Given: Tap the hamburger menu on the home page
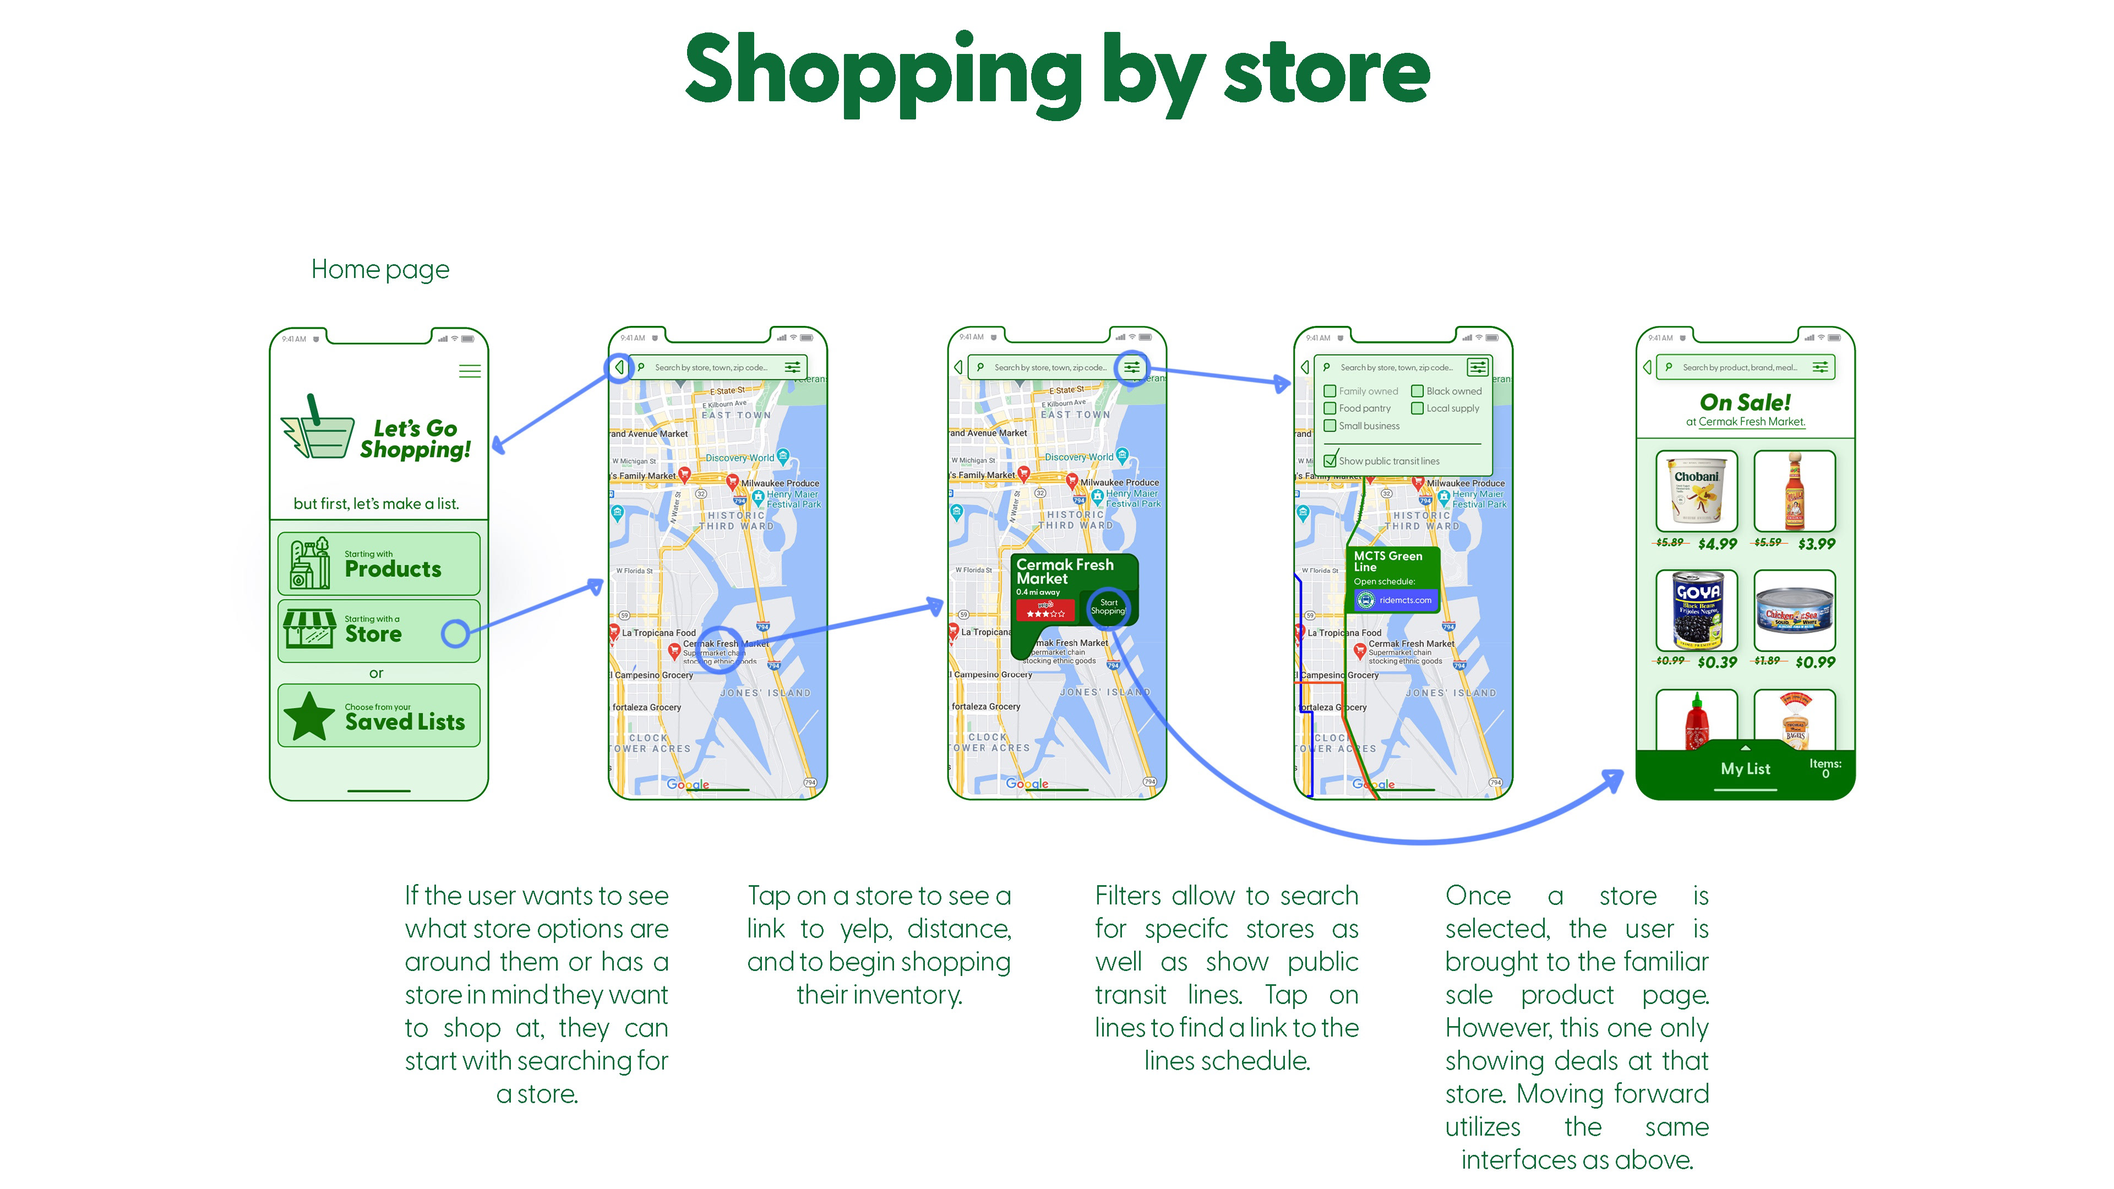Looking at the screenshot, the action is pos(470,371).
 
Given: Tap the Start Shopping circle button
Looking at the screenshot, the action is pos(1108,607).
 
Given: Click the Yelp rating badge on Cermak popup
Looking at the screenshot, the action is pos(1045,610).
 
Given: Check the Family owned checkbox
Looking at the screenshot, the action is pos(1330,391).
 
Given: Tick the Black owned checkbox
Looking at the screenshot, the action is pos(1417,391).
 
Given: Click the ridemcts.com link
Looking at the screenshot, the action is pos(1403,600).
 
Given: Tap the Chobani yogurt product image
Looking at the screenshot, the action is pos(1696,490).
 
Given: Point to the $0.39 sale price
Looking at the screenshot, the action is pos(1717,662).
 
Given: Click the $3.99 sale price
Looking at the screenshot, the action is pos(1816,544).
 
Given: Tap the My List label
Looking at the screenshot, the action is pos(1745,769).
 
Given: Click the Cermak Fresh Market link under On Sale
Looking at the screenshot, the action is pos(1751,422).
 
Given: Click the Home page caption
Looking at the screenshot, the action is pos(380,269).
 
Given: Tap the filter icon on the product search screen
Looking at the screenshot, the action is pos(1820,368).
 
